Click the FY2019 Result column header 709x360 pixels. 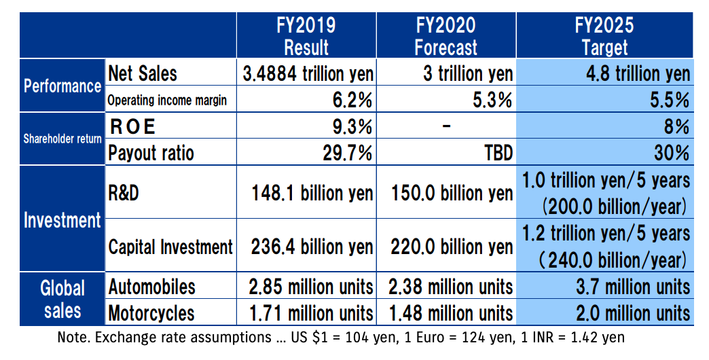pyautogui.click(x=306, y=36)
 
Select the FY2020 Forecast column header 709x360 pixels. pyautogui.click(x=446, y=36)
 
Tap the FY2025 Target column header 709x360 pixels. pyautogui.click(x=604, y=36)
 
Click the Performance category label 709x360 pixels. pyautogui.click(x=62, y=86)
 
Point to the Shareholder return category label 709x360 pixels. pyautogui.click(x=62, y=139)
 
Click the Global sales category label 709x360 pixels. pyautogui.click(x=62, y=299)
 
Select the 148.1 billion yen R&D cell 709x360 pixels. pyautogui.click(x=312, y=193)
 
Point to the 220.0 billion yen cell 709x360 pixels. pyautogui.click(x=452, y=246)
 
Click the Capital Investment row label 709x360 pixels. pyautogui.click(x=170, y=247)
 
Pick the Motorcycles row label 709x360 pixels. pyautogui.click(x=151, y=313)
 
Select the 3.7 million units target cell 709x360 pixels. pyautogui.click(x=623, y=287)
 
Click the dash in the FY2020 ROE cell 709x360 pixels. pyautogui.click(x=446, y=127)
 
